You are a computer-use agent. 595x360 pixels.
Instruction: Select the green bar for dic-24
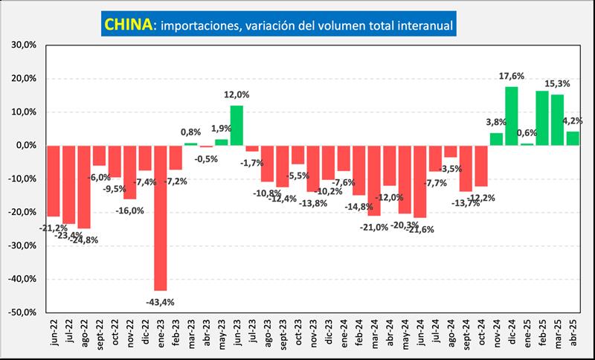click(511, 116)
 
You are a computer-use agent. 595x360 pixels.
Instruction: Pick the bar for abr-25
click(573, 138)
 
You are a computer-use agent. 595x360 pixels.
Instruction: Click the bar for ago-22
click(84, 186)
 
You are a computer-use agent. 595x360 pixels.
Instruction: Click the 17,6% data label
click(511, 76)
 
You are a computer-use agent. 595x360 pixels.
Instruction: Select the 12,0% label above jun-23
click(237, 94)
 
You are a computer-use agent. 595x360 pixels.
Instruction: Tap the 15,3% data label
click(557, 84)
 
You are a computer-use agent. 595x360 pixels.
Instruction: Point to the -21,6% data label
click(420, 229)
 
